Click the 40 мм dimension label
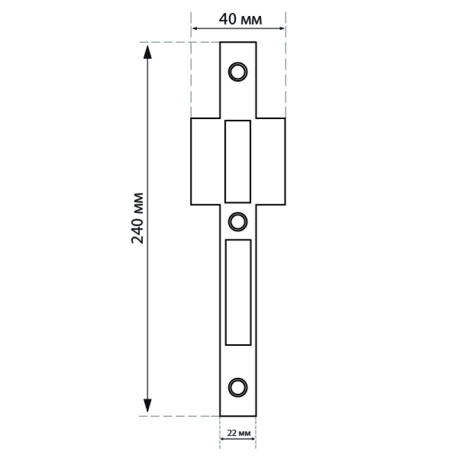click(x=240, y=19)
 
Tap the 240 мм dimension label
click(x=137, y=218)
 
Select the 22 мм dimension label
click(x=239, y=433)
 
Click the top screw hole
click(x=238, y=72)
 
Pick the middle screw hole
click(x=238, y=222)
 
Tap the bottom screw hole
click(x=238, y=388)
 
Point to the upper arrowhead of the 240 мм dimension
click(x=148, y=52)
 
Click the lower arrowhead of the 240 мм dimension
click(x=148, y=405)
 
